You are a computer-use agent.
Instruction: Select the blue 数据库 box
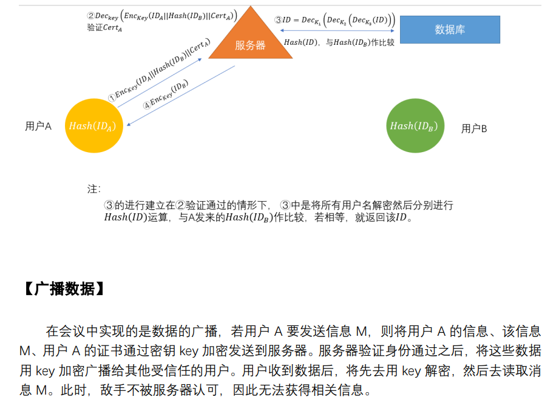pyautogui.click(x=450, y=30)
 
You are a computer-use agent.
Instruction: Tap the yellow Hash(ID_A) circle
pyautogui.click(x=91, y=126)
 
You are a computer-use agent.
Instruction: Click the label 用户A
pyautogui.click(x=38, y=126)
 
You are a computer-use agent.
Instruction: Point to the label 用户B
pyautogui.click(x=474, y=128)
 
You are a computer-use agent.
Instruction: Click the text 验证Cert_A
pyautogui.click(x=104, y=28)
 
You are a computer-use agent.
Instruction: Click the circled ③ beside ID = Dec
pyautogui.click(x=279, y=20)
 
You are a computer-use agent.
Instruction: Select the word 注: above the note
pyautogui.click(x=93, y=188)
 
